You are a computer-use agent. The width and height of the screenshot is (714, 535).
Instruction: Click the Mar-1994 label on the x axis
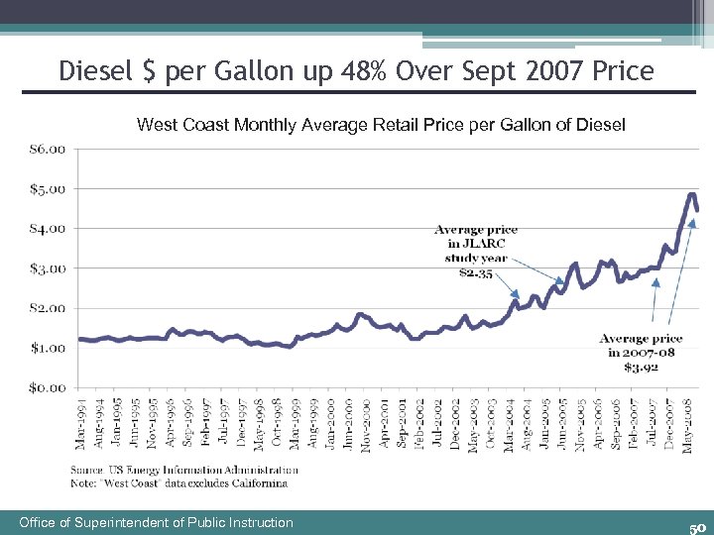[x=81, y=420]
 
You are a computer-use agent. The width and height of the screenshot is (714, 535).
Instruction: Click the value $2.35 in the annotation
[x=476, y=272]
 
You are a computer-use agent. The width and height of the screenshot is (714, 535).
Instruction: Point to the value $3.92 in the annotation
[x=642, y=367]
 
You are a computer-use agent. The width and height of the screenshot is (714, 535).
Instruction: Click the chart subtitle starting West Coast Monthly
[x=381, y=125]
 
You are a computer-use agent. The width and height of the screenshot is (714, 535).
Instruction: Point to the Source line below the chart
[x=183, y=470]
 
